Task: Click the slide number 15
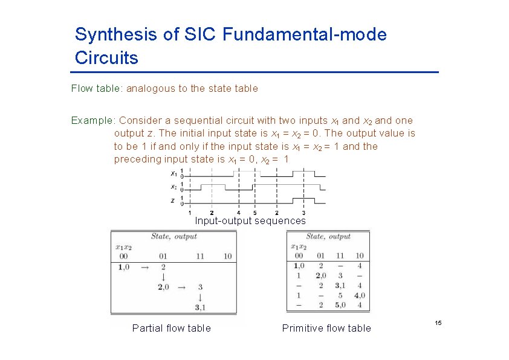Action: tap(438, 324)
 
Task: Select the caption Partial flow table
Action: tap(171, 328)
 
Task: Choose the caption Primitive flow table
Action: tap(326, 328)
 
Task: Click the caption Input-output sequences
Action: tap(250, 220)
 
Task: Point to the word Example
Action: tap(93, 120)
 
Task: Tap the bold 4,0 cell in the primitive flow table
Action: tap(359, 295)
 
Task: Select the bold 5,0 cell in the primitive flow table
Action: tap(340, 305)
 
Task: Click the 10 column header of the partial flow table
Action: tap(227, 256)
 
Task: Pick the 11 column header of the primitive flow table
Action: tap(340, 256)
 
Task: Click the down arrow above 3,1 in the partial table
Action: tap(200, 298)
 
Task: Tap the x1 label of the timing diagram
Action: tap(173, 173)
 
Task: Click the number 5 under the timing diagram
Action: tap(254, 213)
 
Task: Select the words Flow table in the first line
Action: tap(96, 89)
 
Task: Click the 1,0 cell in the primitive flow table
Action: tap(299, 265)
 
